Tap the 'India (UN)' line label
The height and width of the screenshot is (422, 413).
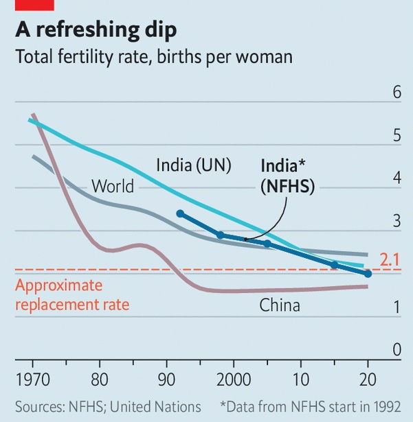(193, 165)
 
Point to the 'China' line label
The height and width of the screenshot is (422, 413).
(280, 305)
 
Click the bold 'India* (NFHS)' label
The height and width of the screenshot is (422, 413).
(287, 176)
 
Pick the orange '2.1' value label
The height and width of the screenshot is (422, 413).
(389, 259)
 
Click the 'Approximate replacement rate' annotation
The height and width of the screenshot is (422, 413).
(72, 295)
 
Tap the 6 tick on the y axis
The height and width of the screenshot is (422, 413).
(397, 93)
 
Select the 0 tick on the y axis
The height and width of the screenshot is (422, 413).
(397, 350)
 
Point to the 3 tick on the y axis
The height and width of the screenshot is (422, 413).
(397, 221)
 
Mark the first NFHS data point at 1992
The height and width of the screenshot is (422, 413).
(180, 214)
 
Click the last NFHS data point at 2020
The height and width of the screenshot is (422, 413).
(368, 274)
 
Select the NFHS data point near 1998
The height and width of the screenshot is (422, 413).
(221, 235)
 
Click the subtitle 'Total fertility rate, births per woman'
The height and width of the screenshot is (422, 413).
(155, 57)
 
